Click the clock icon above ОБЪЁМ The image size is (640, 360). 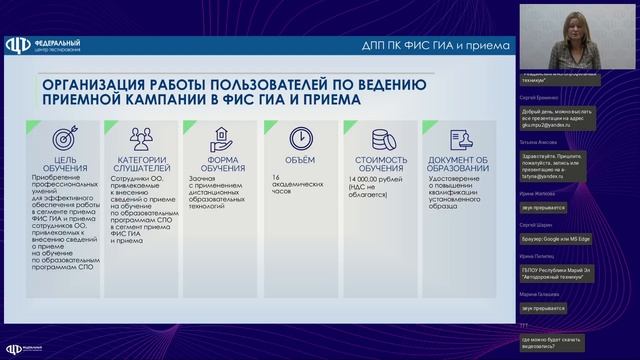299,137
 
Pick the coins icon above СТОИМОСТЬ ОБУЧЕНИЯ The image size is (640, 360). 380,137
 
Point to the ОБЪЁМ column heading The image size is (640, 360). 299,160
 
